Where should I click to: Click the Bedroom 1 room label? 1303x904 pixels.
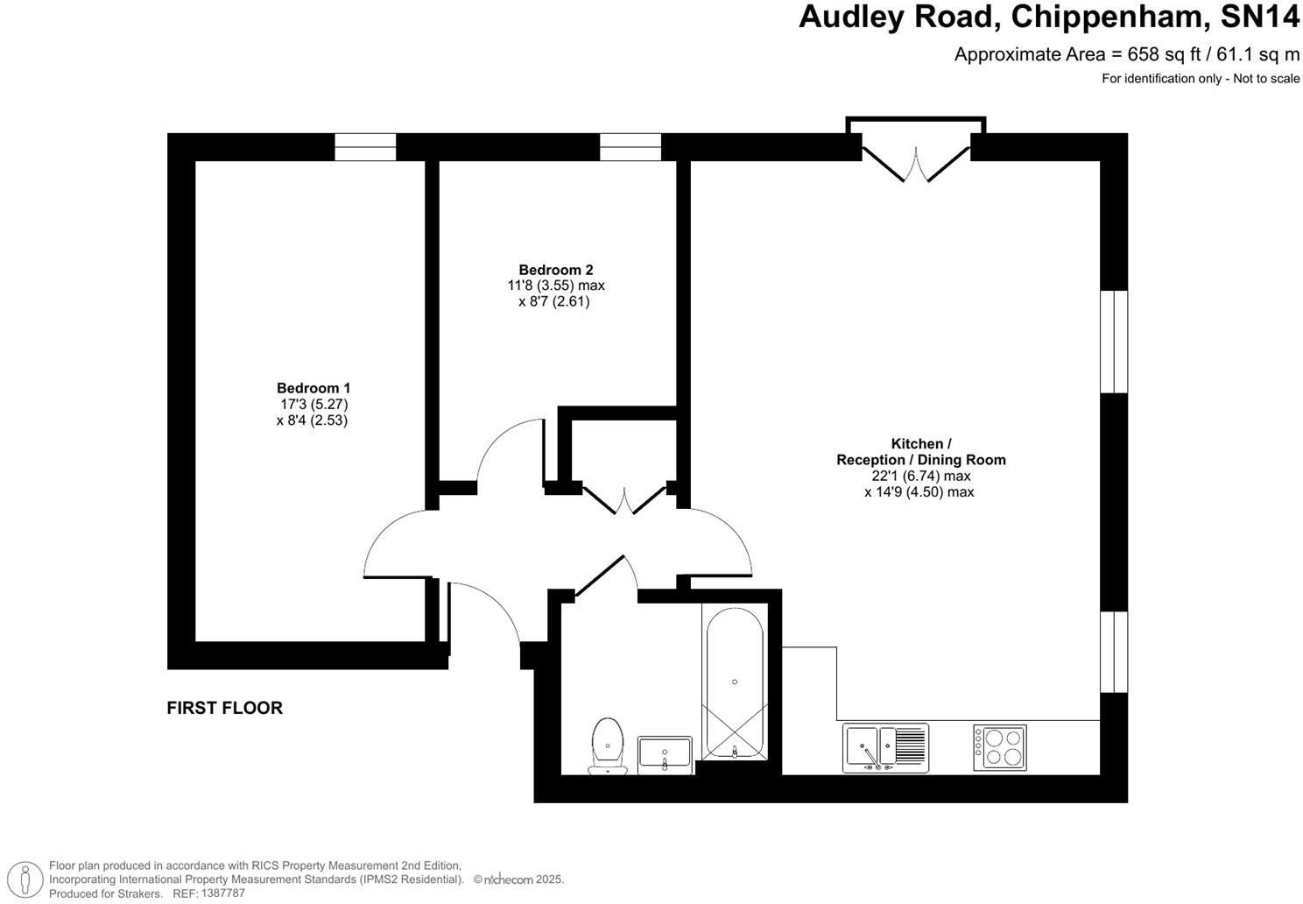pos(313,388)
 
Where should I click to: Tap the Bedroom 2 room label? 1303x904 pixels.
pos(556,270)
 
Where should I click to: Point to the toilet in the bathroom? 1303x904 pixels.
pos(607,745)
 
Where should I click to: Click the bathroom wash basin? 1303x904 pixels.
pos(665,753)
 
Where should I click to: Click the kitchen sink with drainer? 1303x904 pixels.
pos(884,748)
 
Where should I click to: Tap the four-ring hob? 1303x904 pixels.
pos(1000,747)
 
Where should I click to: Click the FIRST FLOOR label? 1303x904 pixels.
pos(225,708)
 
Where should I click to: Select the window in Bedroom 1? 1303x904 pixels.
pos(366,147)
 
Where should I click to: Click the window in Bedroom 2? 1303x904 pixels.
pos(630,147)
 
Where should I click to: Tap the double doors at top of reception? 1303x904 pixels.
pos(916,158)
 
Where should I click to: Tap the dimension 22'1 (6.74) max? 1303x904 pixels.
pos(920,476)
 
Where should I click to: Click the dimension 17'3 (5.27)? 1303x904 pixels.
pos(314,404)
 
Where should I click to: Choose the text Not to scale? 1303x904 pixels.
pos(1267,79)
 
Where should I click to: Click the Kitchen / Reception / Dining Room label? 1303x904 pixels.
pos(920,452)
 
